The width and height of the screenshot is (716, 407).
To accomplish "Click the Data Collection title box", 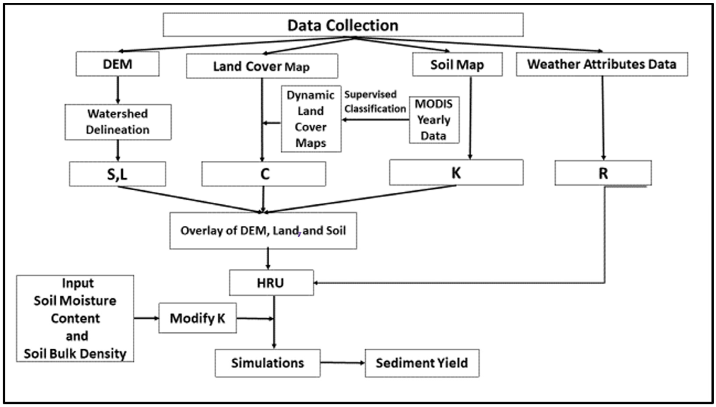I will click(343, 25).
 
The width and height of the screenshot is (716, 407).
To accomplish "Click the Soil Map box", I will click(457, 65).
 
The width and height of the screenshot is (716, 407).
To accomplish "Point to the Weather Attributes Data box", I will click(602, 64).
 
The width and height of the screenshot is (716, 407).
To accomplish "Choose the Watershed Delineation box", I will click(118, 122).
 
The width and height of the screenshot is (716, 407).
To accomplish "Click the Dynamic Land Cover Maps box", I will click(311, 119).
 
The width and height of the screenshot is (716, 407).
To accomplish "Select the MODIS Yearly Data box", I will click(434, 120).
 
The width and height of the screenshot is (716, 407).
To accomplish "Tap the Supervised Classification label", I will click(375, 102).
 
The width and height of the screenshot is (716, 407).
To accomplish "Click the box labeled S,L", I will click(117, 174).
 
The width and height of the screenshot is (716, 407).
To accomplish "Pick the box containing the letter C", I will click(264, 174).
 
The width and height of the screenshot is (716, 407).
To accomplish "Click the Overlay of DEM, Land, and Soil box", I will click(263, 231).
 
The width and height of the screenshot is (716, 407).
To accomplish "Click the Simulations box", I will click(267, 363).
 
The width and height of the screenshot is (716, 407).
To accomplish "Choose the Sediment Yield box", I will click(422, 363).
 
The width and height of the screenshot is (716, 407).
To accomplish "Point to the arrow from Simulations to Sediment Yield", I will click(343, 363).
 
